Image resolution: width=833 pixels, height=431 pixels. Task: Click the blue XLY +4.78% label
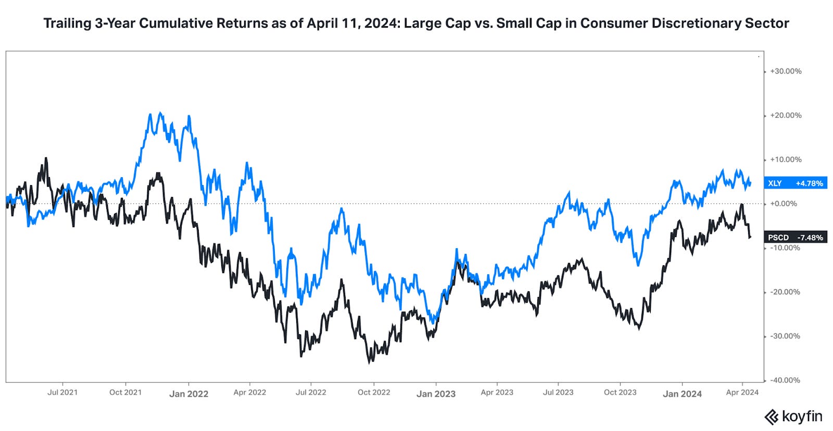coord(795,183)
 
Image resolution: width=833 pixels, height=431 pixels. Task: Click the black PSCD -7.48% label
coord(795,237)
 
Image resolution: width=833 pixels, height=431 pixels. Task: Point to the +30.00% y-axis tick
coord(786,71)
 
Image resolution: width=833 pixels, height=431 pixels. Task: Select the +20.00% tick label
coord(786,115)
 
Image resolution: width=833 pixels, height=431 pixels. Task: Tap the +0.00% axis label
coord(784,203)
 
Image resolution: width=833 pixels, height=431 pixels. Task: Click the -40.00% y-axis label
coord(785,380)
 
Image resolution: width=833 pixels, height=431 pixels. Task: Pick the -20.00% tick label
coord(785,292)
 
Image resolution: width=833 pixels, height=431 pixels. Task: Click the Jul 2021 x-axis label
coord(62,392)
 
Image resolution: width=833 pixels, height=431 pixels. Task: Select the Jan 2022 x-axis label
coord(188,394)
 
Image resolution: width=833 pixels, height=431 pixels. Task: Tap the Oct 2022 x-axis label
coord(374,392)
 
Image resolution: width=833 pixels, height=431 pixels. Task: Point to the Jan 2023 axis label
coord(436,394)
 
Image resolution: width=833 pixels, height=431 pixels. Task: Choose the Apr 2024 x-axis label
coord(742,392)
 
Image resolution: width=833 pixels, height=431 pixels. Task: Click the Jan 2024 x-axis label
coord(682,394)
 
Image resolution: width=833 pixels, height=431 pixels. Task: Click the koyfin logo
coord(793,417)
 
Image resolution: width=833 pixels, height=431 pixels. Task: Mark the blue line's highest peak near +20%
coord(160,113)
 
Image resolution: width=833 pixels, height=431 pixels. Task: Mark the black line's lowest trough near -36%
coord(370,362)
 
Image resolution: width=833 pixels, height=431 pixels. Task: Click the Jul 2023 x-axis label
coord(558,392)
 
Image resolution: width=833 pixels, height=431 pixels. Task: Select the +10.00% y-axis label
coord(786,159)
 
